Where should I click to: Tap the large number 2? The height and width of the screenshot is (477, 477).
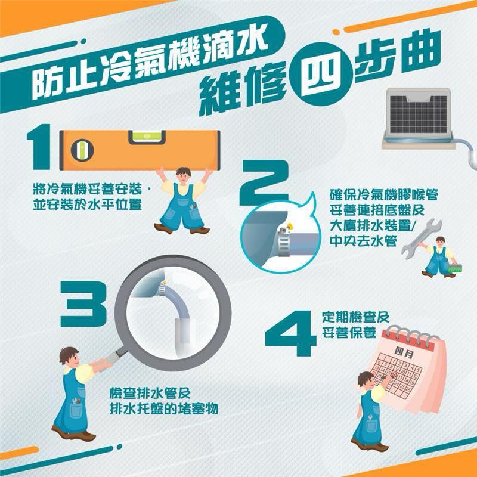264,182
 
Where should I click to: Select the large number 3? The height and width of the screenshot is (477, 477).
83,304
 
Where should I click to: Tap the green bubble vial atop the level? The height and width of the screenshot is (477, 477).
147,137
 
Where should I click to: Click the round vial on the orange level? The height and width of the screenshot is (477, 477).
82,150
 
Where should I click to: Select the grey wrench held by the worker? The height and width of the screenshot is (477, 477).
421,238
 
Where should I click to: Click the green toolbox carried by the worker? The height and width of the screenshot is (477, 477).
455,268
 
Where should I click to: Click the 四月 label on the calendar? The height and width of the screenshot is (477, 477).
404,353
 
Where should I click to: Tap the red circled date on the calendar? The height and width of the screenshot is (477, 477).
395,375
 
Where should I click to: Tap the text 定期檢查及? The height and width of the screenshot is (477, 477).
355,317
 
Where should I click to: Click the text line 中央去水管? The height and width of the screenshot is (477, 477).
364,241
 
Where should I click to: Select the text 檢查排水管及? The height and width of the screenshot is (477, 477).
150,394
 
